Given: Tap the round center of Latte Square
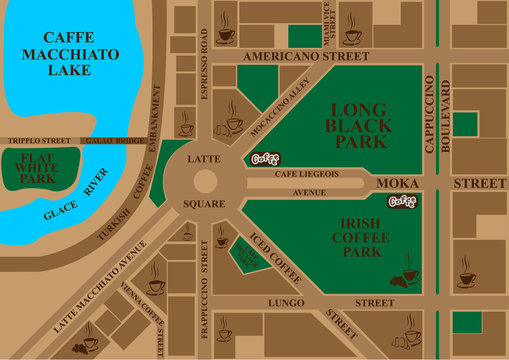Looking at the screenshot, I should (205, 180).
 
